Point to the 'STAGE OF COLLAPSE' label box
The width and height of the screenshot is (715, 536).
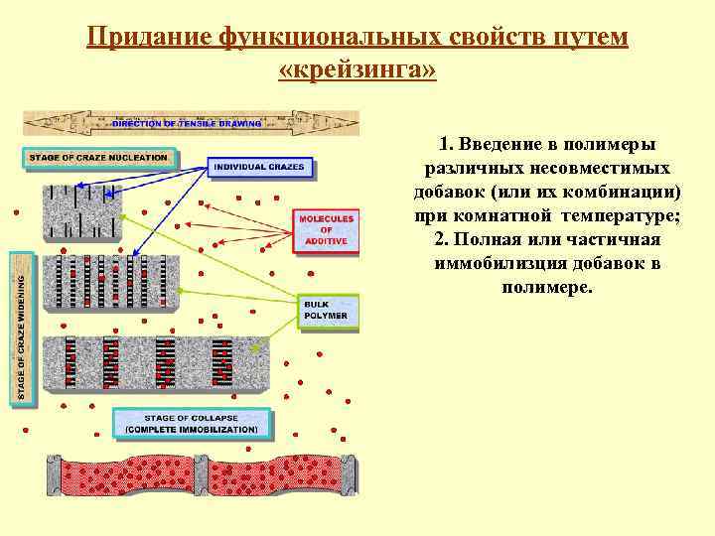[x=192, y=424]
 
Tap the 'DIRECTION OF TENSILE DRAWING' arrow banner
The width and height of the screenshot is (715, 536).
[x=189, y=123]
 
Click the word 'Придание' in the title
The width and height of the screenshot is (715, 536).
[x=149, y=37]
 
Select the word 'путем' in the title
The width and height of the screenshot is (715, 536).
[x=594, y=37]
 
